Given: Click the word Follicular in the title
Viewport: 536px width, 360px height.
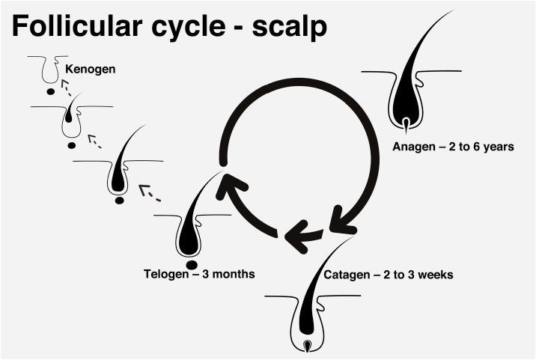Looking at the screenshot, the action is [77, 25].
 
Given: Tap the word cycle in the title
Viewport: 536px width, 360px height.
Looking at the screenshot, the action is [188, 28].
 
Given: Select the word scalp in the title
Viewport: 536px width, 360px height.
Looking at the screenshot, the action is [290, 28].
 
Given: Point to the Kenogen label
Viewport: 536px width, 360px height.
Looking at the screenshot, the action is [91, 70].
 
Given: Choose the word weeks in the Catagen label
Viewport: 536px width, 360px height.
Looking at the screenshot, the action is [436, 275].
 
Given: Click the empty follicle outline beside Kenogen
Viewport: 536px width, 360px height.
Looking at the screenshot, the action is [50, 70].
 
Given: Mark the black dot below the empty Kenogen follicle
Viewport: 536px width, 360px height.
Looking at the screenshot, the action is [51, 91].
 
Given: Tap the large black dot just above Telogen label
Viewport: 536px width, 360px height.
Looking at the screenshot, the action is [192, 265].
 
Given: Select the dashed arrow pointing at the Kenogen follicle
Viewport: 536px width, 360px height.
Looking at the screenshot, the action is [66, 88].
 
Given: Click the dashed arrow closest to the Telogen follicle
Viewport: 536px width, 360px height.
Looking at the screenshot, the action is [149, 193].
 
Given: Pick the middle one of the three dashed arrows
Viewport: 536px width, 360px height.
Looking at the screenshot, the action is [94, 141].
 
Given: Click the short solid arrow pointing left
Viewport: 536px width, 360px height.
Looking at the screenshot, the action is [302, 236].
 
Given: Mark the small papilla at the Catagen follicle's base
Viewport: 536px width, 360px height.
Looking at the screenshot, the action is [308, 345].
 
